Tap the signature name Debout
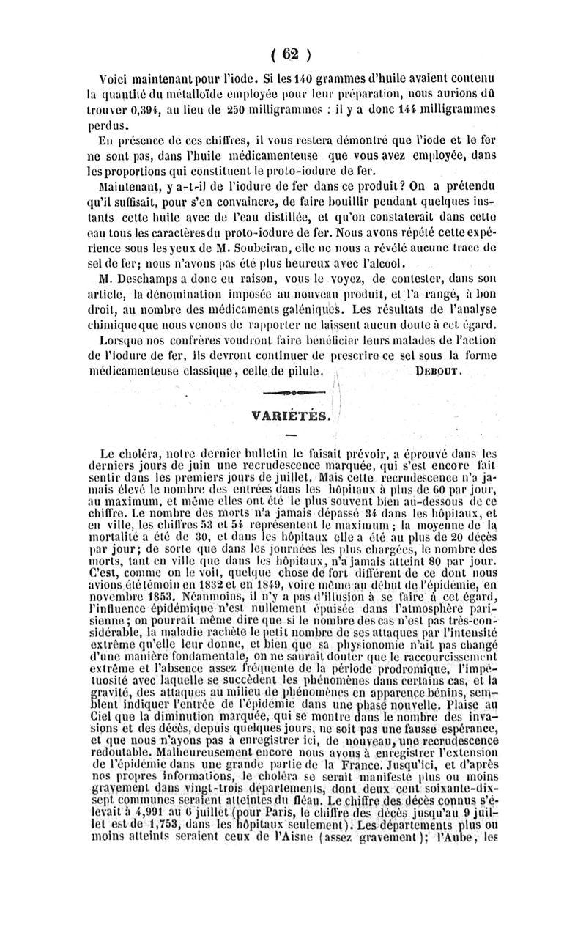[437, 372]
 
